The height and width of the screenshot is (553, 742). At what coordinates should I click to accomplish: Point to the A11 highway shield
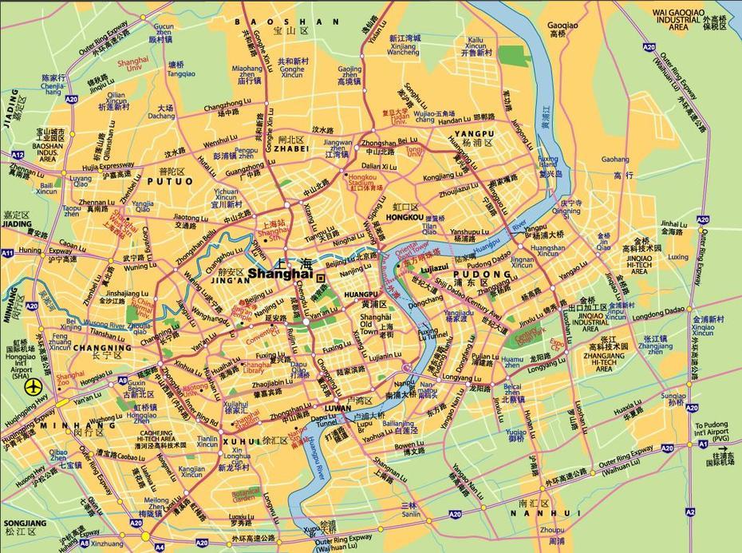(x=8, y=253)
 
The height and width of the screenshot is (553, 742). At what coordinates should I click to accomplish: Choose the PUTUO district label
(x=165, y=181)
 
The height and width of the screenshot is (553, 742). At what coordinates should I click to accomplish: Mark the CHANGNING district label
(x=102, y=348)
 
